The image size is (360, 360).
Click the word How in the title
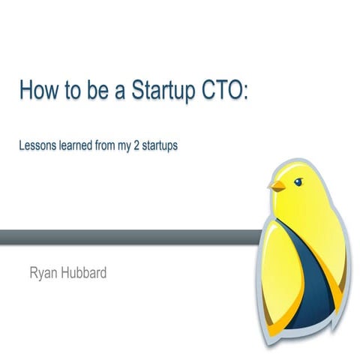click(37, 92)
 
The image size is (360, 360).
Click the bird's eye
click(298, 181)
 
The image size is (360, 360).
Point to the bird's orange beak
click(278, 185)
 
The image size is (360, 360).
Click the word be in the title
click(93, 92)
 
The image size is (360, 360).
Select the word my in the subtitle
click(124, 145)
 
